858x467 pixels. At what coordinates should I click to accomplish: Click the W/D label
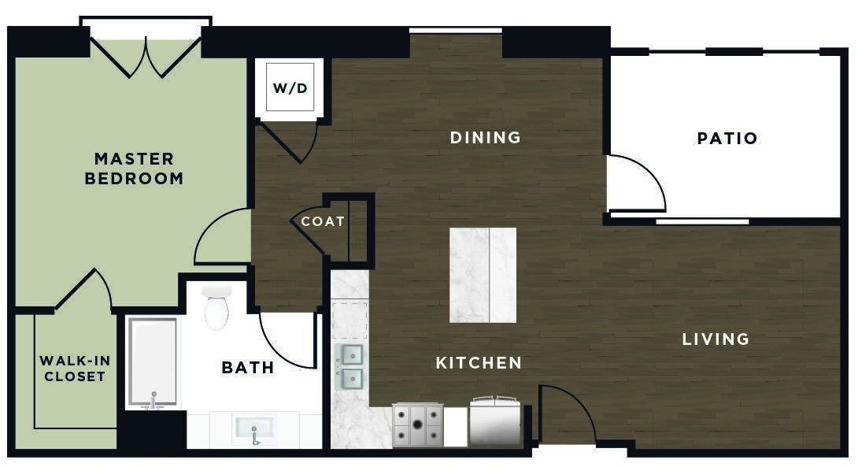(290, 88)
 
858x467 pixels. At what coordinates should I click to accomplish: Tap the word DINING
(486, 137)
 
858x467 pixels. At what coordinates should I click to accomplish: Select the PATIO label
(727, 138)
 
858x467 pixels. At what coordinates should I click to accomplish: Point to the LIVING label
(716, 339)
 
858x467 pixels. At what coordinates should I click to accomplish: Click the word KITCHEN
(479, 363)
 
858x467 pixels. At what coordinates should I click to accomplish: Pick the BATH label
(248, 367)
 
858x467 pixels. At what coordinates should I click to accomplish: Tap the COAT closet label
(323, 221)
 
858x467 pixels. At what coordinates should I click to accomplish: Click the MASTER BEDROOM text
(134, 169)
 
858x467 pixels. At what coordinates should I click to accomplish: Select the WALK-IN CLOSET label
(75, 369)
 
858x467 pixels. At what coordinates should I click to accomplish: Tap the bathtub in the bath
(153, 362)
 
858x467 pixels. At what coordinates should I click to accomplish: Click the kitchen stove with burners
(417, 424)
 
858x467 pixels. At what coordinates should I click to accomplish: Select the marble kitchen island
(483, 275)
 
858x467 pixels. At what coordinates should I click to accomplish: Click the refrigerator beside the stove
(495, 421)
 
